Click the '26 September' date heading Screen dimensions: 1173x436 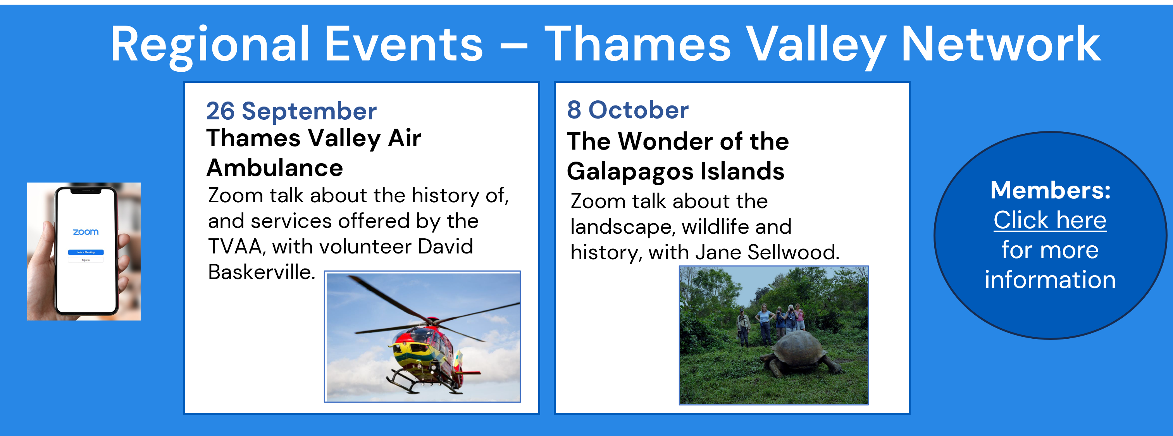click(291, 111)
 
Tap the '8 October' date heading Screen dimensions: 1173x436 click(627, 110)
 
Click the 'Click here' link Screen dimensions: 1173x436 click(1050, 220)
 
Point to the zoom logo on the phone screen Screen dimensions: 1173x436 click(86, 232)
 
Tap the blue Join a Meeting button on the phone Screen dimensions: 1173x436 click(86, 252)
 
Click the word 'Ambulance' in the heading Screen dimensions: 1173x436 click(275, 168)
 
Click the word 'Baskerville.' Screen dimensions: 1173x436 click(261, 272)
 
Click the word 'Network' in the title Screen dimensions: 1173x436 click(1001, 44)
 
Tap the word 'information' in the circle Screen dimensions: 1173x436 click(1050, 279)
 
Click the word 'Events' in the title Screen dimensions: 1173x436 click(403, 44)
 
